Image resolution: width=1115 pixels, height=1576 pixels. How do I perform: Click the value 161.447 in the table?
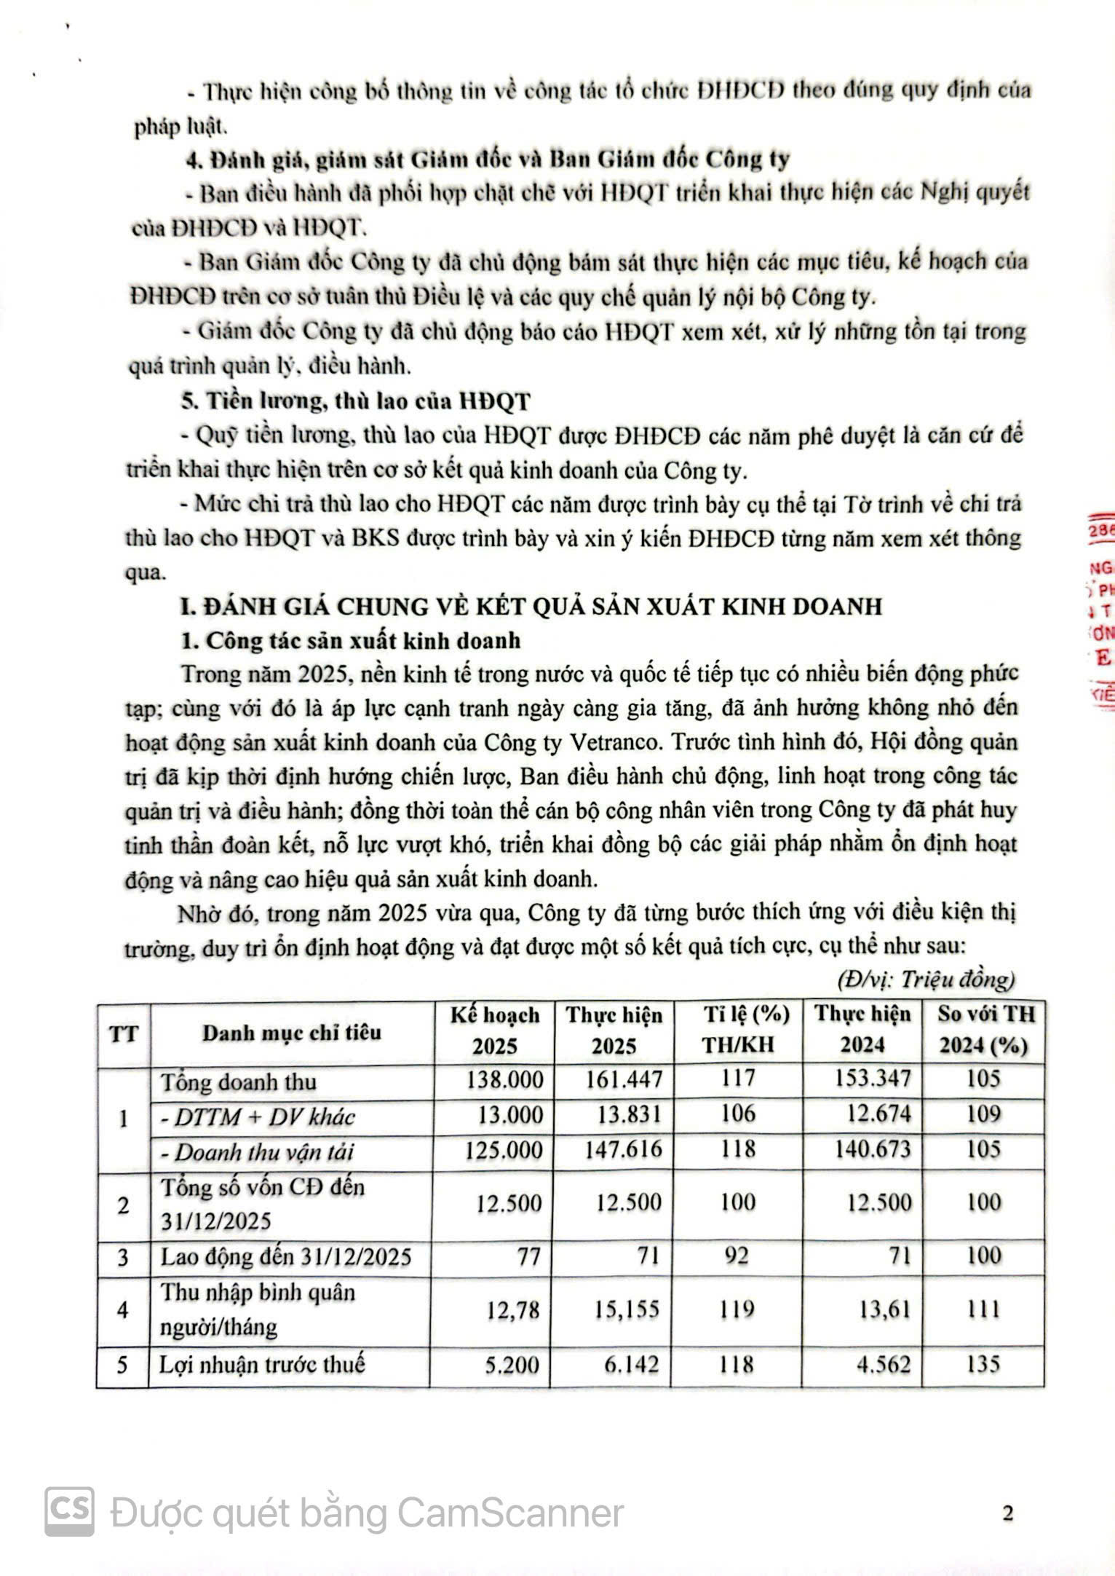pos(624,1079)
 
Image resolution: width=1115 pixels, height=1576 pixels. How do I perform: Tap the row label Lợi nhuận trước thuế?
pos(262,1364)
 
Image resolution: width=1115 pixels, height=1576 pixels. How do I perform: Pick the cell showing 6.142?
pos(631,1364)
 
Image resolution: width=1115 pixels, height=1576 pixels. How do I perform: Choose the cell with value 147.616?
pos(624,1149)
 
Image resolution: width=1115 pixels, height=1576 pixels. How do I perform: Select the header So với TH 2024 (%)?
pos(984,1030)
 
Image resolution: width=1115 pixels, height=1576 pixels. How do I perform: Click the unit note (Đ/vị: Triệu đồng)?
pos(926,980)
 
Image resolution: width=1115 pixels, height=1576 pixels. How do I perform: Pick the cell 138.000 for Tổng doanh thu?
pos(504,1079)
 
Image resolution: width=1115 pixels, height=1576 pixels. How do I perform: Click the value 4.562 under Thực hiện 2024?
pos(883,1364)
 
